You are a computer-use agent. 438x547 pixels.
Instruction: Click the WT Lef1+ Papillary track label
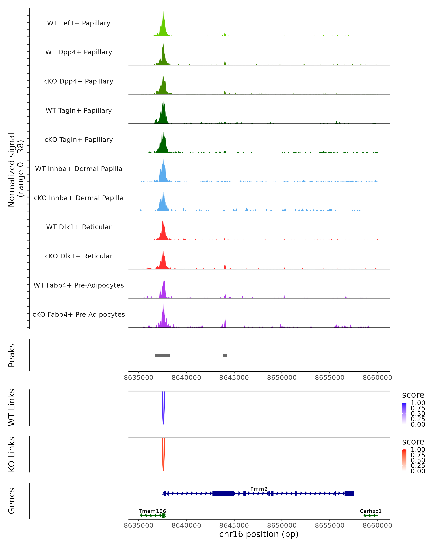79,23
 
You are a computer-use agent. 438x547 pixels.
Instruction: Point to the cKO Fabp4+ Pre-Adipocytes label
79,314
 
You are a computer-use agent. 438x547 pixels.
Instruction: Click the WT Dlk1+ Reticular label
79,227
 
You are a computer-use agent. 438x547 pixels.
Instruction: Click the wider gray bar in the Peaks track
162,355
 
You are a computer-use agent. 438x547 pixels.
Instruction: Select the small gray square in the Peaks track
225,355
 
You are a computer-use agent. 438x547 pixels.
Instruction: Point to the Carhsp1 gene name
370,511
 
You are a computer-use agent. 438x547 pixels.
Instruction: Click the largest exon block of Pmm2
223,493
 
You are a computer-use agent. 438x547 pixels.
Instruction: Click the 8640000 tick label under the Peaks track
186,378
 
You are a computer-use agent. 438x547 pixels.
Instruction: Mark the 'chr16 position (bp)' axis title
259,534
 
